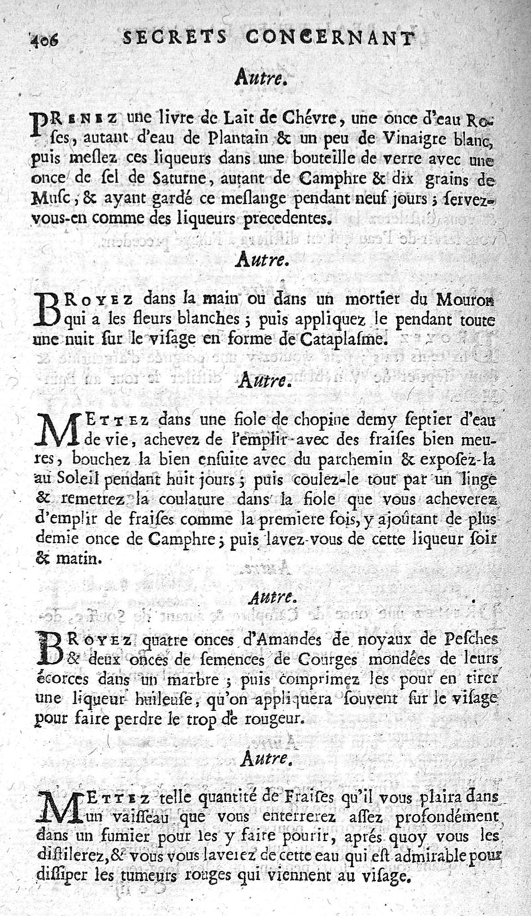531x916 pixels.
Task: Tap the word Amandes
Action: pyautogui.click(x=327, y=641)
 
